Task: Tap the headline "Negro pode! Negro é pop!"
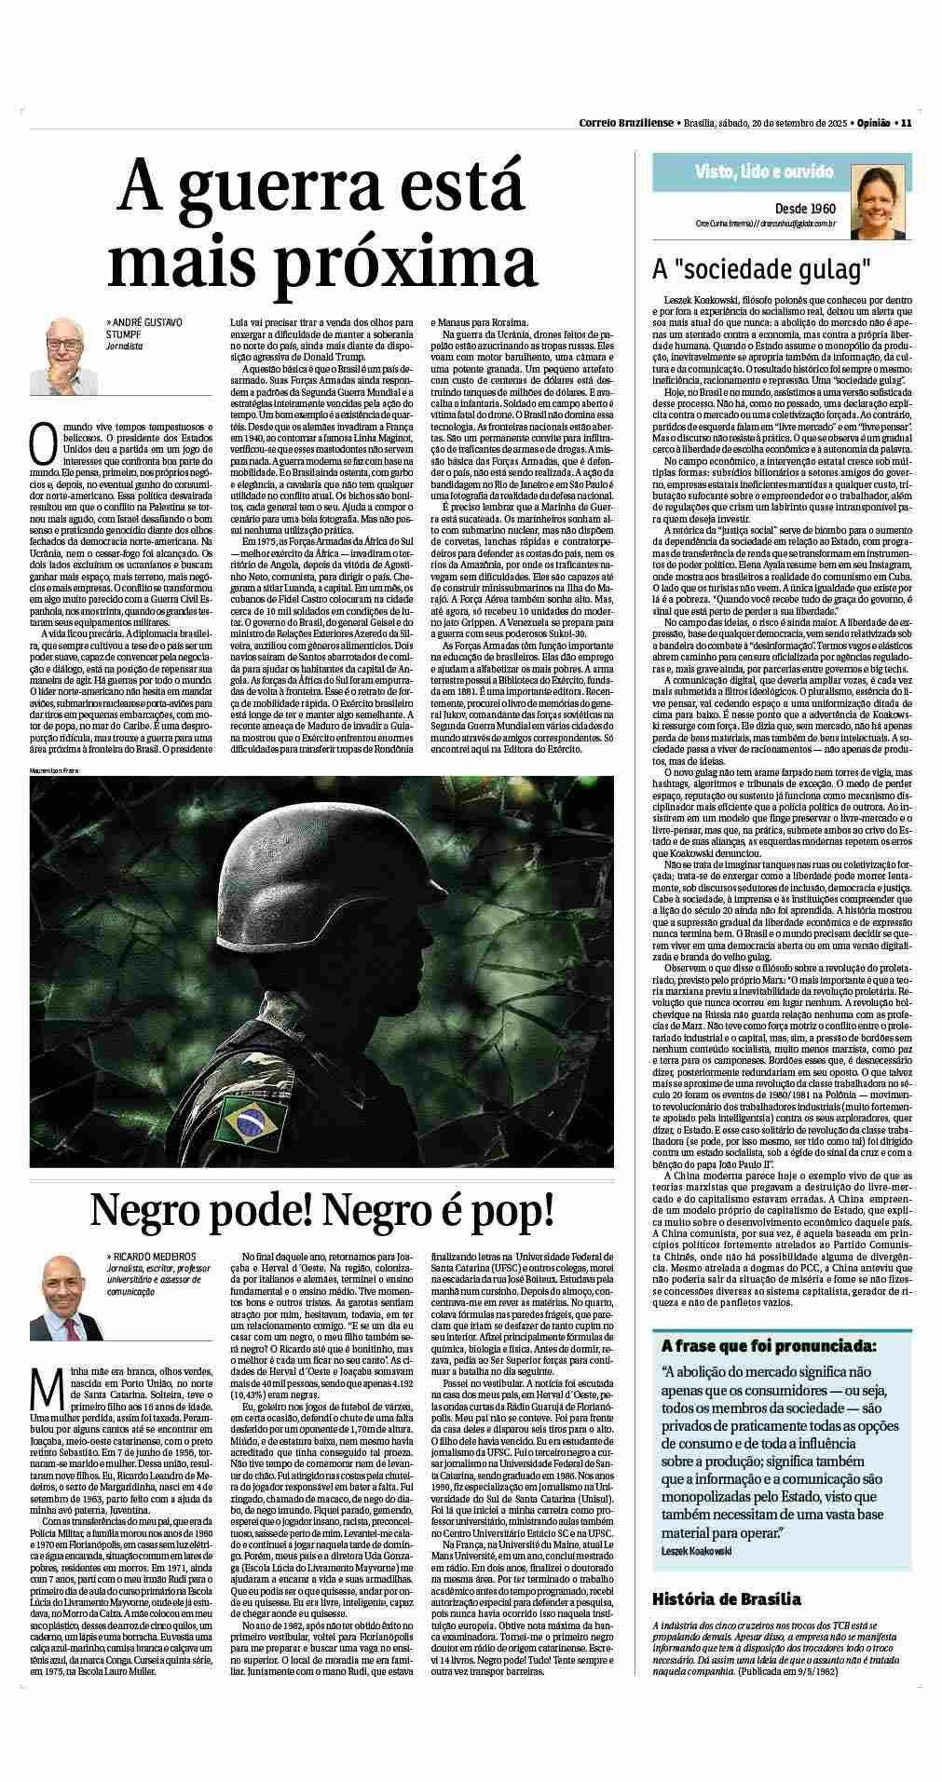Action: coord(321,1209)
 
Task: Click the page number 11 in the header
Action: coord(905,122)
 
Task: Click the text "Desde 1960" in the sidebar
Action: coord(805,208)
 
